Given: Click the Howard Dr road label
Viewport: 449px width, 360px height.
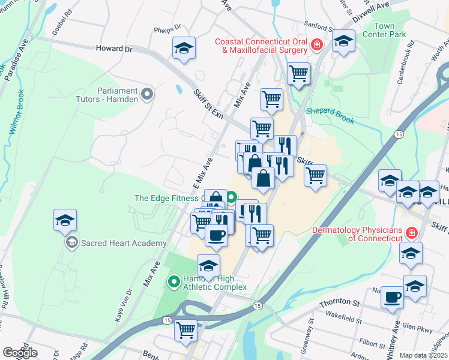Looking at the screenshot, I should (113, 49).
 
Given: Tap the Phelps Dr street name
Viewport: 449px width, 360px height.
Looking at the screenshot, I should (167, 28).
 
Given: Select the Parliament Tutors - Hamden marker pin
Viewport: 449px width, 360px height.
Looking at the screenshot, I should (147, 94).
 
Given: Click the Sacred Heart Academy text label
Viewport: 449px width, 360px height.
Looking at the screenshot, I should (124, 243).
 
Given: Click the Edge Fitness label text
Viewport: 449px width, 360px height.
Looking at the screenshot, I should (167, 198).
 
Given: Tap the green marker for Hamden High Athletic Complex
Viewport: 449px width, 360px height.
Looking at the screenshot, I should (174, 280).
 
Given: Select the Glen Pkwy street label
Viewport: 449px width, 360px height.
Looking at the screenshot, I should (417, 327).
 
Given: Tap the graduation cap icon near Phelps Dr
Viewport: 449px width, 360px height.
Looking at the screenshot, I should (184, 49).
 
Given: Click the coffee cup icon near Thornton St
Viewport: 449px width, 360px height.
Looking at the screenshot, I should (393, 297).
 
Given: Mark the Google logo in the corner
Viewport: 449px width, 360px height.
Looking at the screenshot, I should (20, 353).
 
